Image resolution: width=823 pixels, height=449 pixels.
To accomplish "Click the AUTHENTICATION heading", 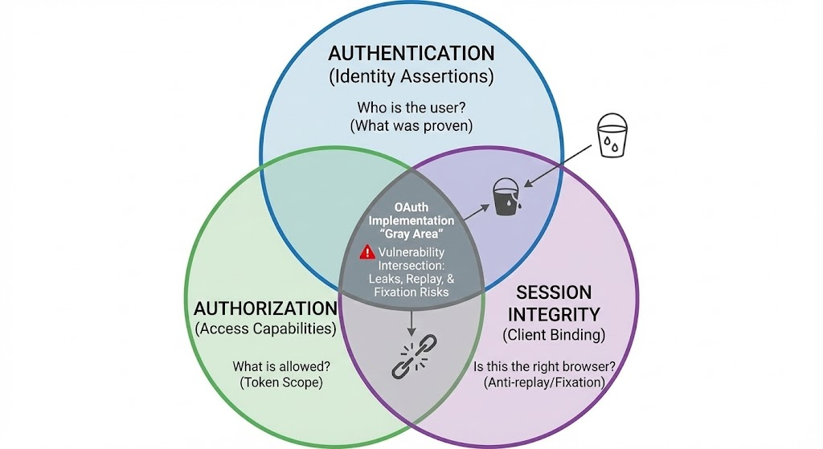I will coord(411,55).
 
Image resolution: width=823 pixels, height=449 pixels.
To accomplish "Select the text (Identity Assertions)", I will coord(411,78).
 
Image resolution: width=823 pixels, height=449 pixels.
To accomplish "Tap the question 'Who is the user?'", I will coord(411,108).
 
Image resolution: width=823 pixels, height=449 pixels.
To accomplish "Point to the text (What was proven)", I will coord(411,126).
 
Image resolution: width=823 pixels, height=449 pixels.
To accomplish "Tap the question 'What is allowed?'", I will coord(280,366).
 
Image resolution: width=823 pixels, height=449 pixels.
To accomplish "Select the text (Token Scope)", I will coord(280,383).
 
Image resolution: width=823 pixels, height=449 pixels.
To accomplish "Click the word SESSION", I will coord(554,292).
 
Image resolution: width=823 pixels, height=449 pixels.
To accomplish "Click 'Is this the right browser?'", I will coord(545,367).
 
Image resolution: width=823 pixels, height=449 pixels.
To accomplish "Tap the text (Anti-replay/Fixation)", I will coord(545,383).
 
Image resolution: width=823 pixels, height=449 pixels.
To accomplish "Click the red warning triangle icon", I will coord(366,251).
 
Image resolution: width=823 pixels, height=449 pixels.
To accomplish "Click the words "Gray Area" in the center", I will coord(411,233).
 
